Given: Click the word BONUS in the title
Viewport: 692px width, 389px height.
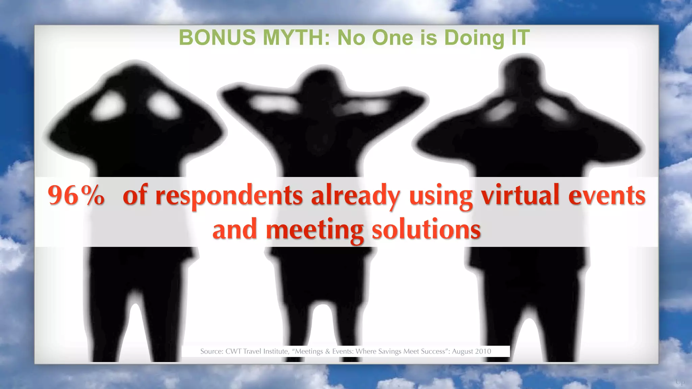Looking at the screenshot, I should [x=217, y=37].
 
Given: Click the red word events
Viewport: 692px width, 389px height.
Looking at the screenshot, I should [x=607, y=196].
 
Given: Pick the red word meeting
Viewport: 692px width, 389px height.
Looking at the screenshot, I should [x=315, y=230].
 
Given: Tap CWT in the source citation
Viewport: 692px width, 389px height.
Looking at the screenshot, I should [x=233, y=352].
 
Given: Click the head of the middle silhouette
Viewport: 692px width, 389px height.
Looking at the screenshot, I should [x=323, y=81].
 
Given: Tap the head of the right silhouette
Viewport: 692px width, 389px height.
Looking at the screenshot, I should [x=523, y=73].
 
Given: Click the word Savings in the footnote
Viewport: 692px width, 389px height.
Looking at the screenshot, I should [x=390, y=352].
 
